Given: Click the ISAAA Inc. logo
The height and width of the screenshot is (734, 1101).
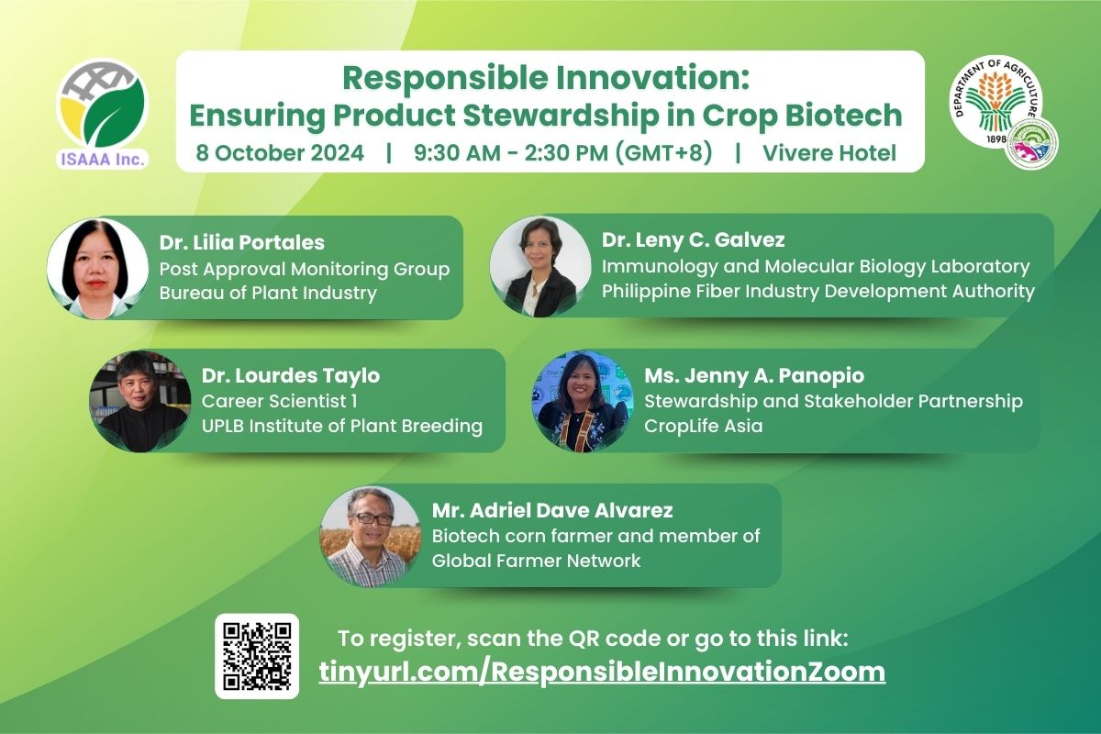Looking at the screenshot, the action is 102,114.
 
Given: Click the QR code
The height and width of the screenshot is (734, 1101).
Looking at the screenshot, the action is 257,656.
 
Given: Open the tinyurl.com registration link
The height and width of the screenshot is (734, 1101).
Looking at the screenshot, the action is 602,672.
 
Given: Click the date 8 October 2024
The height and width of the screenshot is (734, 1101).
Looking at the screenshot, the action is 280,152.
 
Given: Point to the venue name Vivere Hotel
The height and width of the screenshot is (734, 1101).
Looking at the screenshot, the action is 829,152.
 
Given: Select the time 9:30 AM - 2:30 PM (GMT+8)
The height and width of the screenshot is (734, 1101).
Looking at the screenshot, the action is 562,152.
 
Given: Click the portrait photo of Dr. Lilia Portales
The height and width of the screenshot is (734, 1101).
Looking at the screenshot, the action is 98,269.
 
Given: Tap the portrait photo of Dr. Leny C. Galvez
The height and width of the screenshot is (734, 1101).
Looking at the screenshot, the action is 540,266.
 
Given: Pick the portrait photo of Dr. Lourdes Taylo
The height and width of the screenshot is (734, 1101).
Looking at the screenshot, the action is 140,401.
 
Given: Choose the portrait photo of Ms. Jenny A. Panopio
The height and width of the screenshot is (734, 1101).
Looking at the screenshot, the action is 584,401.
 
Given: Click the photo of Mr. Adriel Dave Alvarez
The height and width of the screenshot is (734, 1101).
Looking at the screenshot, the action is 370,537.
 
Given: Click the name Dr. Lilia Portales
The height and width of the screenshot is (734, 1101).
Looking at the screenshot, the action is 242,242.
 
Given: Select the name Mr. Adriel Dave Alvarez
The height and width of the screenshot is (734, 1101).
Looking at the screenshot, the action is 552,510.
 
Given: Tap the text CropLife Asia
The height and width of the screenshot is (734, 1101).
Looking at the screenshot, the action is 704,426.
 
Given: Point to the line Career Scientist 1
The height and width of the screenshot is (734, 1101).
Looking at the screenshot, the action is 279,401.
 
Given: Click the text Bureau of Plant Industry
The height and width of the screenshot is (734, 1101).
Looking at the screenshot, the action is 268,293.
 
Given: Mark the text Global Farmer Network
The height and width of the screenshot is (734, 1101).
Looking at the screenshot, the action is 536,561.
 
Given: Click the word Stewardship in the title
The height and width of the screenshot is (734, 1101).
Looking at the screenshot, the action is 562,116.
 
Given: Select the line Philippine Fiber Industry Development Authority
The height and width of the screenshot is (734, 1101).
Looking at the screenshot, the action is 818,291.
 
